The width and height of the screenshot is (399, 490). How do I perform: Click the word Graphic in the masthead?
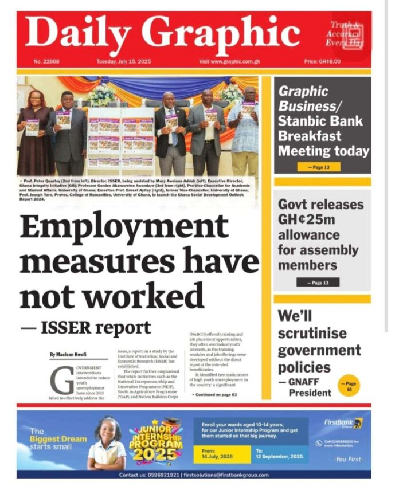coord(221,33)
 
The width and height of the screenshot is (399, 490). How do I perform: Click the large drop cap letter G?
coord(58,379)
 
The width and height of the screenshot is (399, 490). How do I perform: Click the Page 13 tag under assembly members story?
coord(318,282)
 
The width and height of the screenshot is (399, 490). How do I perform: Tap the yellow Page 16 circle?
coord(349,385)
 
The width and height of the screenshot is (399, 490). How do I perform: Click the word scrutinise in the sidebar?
coord(312,333)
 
